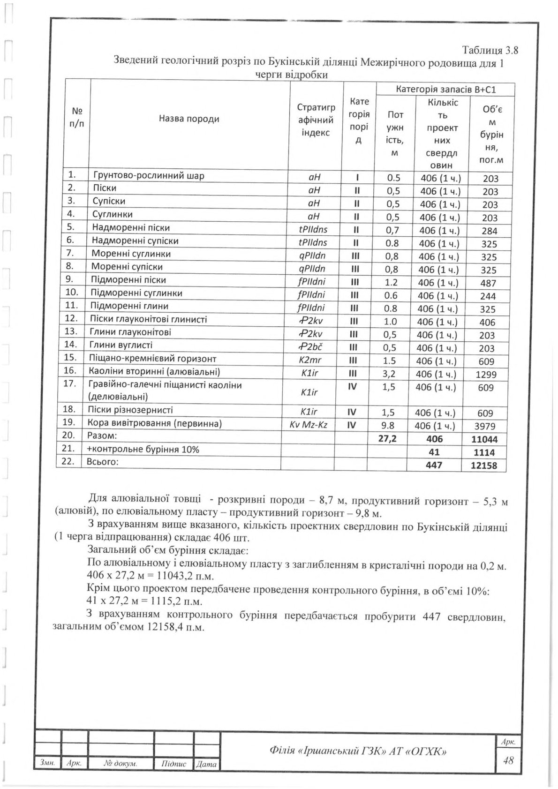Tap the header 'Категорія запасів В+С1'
446,89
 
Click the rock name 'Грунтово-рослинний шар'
149,176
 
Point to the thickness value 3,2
391,374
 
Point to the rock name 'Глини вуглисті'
121,346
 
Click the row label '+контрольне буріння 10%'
143,449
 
